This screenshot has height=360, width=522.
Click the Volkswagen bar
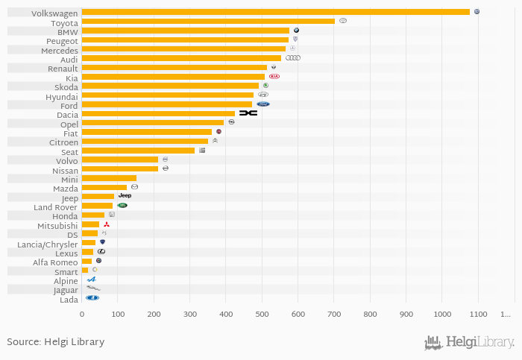tap(275, 12)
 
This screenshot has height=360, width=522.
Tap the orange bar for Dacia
tap(158, 113)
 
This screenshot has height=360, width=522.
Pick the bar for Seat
tap(138, 151)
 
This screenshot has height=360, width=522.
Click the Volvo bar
tap(119, 160)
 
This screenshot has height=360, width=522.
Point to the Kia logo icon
tap(274, 77)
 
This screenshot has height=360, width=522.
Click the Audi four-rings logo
tap(293, 58)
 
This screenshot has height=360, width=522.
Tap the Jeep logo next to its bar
tap(125, 196)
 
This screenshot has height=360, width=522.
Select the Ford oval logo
tap(263, 104)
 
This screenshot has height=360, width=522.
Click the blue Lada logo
tap(92, 298)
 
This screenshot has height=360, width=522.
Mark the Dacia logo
tap(248, 113)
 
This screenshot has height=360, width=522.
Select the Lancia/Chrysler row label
tap(50, 244)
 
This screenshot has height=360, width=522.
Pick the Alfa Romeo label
tap(55, 262)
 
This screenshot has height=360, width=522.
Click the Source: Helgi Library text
tap(56, 342)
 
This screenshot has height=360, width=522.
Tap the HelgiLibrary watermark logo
tap(469, 343)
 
